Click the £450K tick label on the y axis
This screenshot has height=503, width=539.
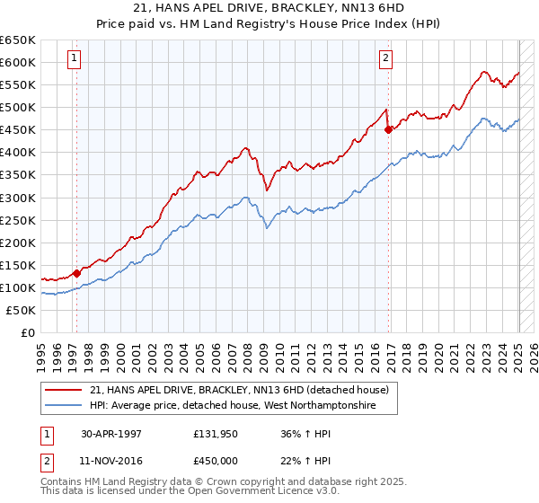tap(18, 130)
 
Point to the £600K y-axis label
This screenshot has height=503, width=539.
tap(18, 63)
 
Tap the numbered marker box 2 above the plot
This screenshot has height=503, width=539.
tap(385, 59)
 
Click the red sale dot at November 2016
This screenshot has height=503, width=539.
tap(388, 129)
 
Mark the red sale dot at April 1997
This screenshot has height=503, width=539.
tap(77, 273)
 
